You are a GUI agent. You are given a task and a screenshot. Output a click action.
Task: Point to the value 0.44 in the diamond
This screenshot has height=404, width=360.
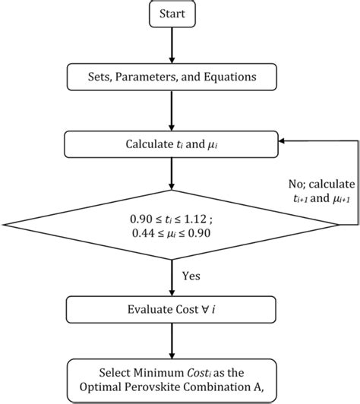[141, 232]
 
